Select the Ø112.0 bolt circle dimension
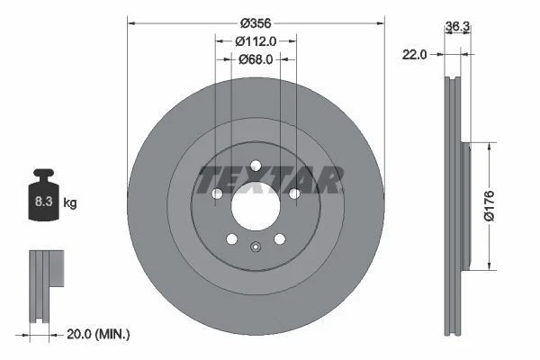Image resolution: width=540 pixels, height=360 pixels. (x=256, y=40)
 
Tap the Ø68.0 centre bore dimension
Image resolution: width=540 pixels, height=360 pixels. (x=256, y=59)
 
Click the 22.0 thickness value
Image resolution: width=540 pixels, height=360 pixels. (x=415, y=54)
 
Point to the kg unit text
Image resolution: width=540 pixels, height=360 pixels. (x=69, y=203)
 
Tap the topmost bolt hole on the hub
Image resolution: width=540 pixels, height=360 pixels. (x=256, y=165)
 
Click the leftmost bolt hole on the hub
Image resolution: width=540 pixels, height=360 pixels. (x=216, y=193)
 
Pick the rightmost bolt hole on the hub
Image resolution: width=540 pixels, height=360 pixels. (x=294, y=193)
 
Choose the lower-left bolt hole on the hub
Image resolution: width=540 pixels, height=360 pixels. (x=231, y=238)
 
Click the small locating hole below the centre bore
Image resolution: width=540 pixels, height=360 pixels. (x=256, y=251)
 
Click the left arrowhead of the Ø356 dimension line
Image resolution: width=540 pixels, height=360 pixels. (x=131, y=20)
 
